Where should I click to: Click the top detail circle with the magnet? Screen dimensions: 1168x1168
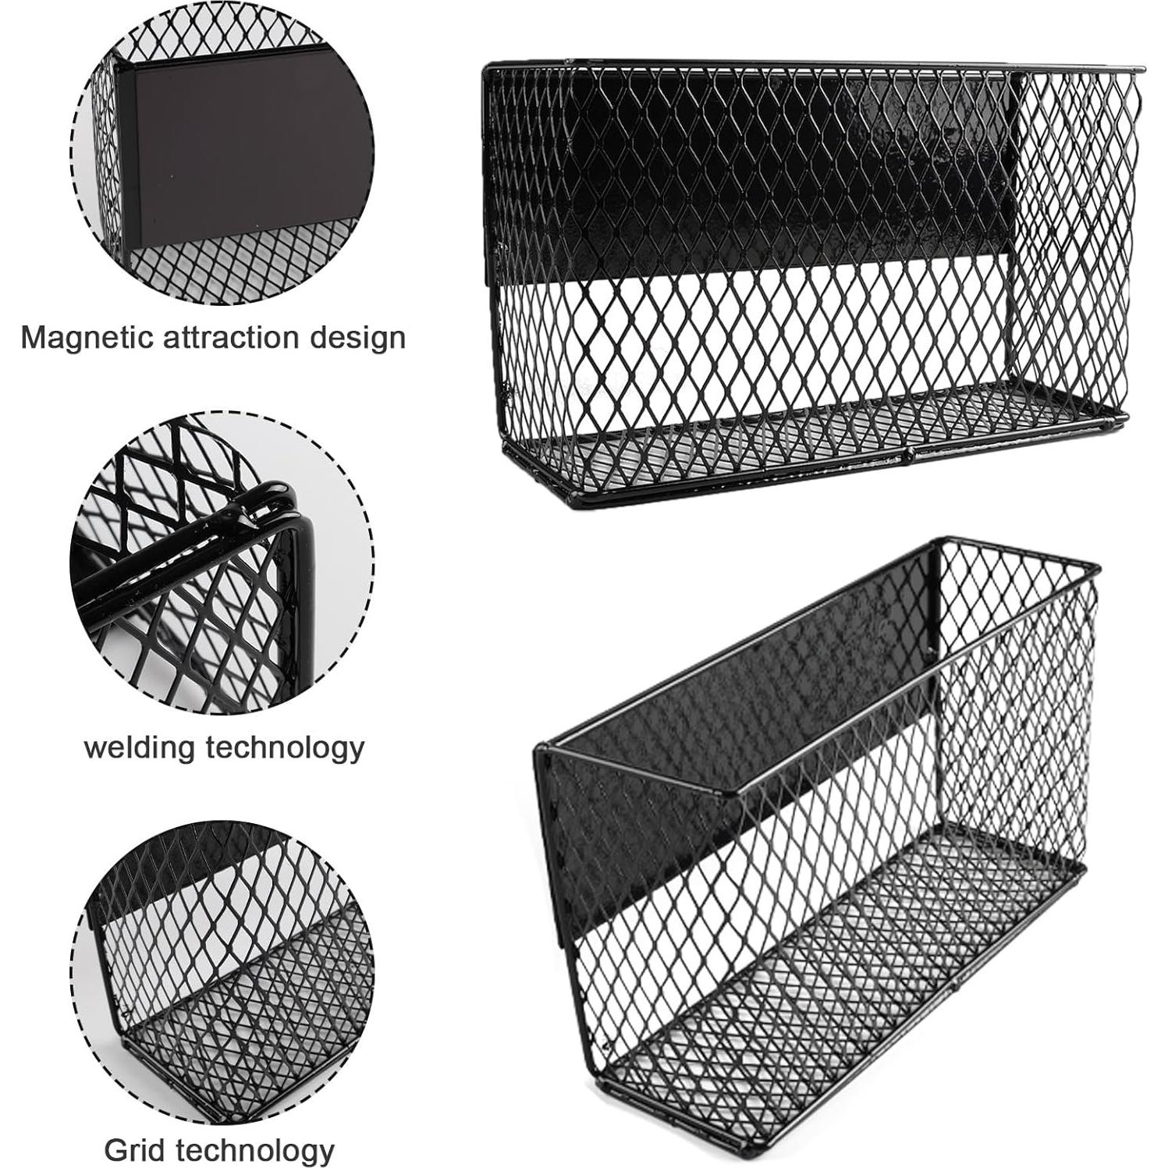(x=222, y=156)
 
